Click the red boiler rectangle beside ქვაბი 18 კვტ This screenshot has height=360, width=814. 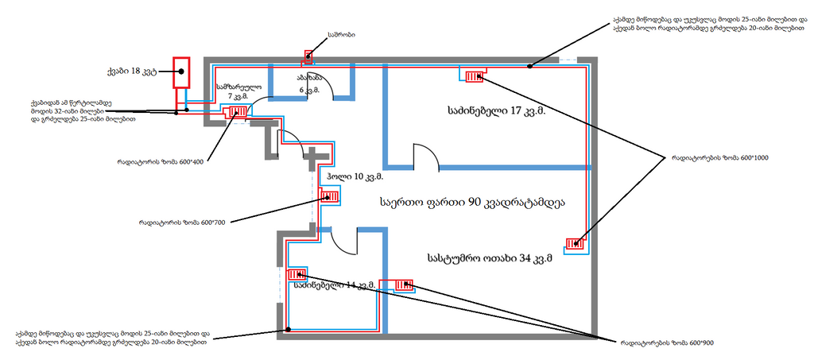pyautogui.click(x=181, y=72)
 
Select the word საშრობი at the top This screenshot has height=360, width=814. pyautogui.click(x=341, y=35)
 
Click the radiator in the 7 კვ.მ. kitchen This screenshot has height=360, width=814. pyautogui.click(x=236, y=112)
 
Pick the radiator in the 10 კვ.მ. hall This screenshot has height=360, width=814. pyautogui.click(x=329, y=195)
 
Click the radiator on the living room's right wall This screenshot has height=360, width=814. pyautogui.click(x=576, y=244)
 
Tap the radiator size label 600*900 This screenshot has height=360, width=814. pyautogui.click(x=667, y=343)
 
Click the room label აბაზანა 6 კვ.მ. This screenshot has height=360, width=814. pyautogui.click(x=309, y=84)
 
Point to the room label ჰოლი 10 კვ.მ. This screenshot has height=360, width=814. pyautogui.click(x=355, y=176)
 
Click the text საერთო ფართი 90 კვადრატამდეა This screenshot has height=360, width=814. pyautogui.click(x=472, y=203)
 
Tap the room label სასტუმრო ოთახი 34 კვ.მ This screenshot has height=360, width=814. pyautogui.click(x=489, y=257)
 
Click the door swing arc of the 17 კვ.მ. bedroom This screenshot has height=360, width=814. pyautogui.click(x=427, y=155)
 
